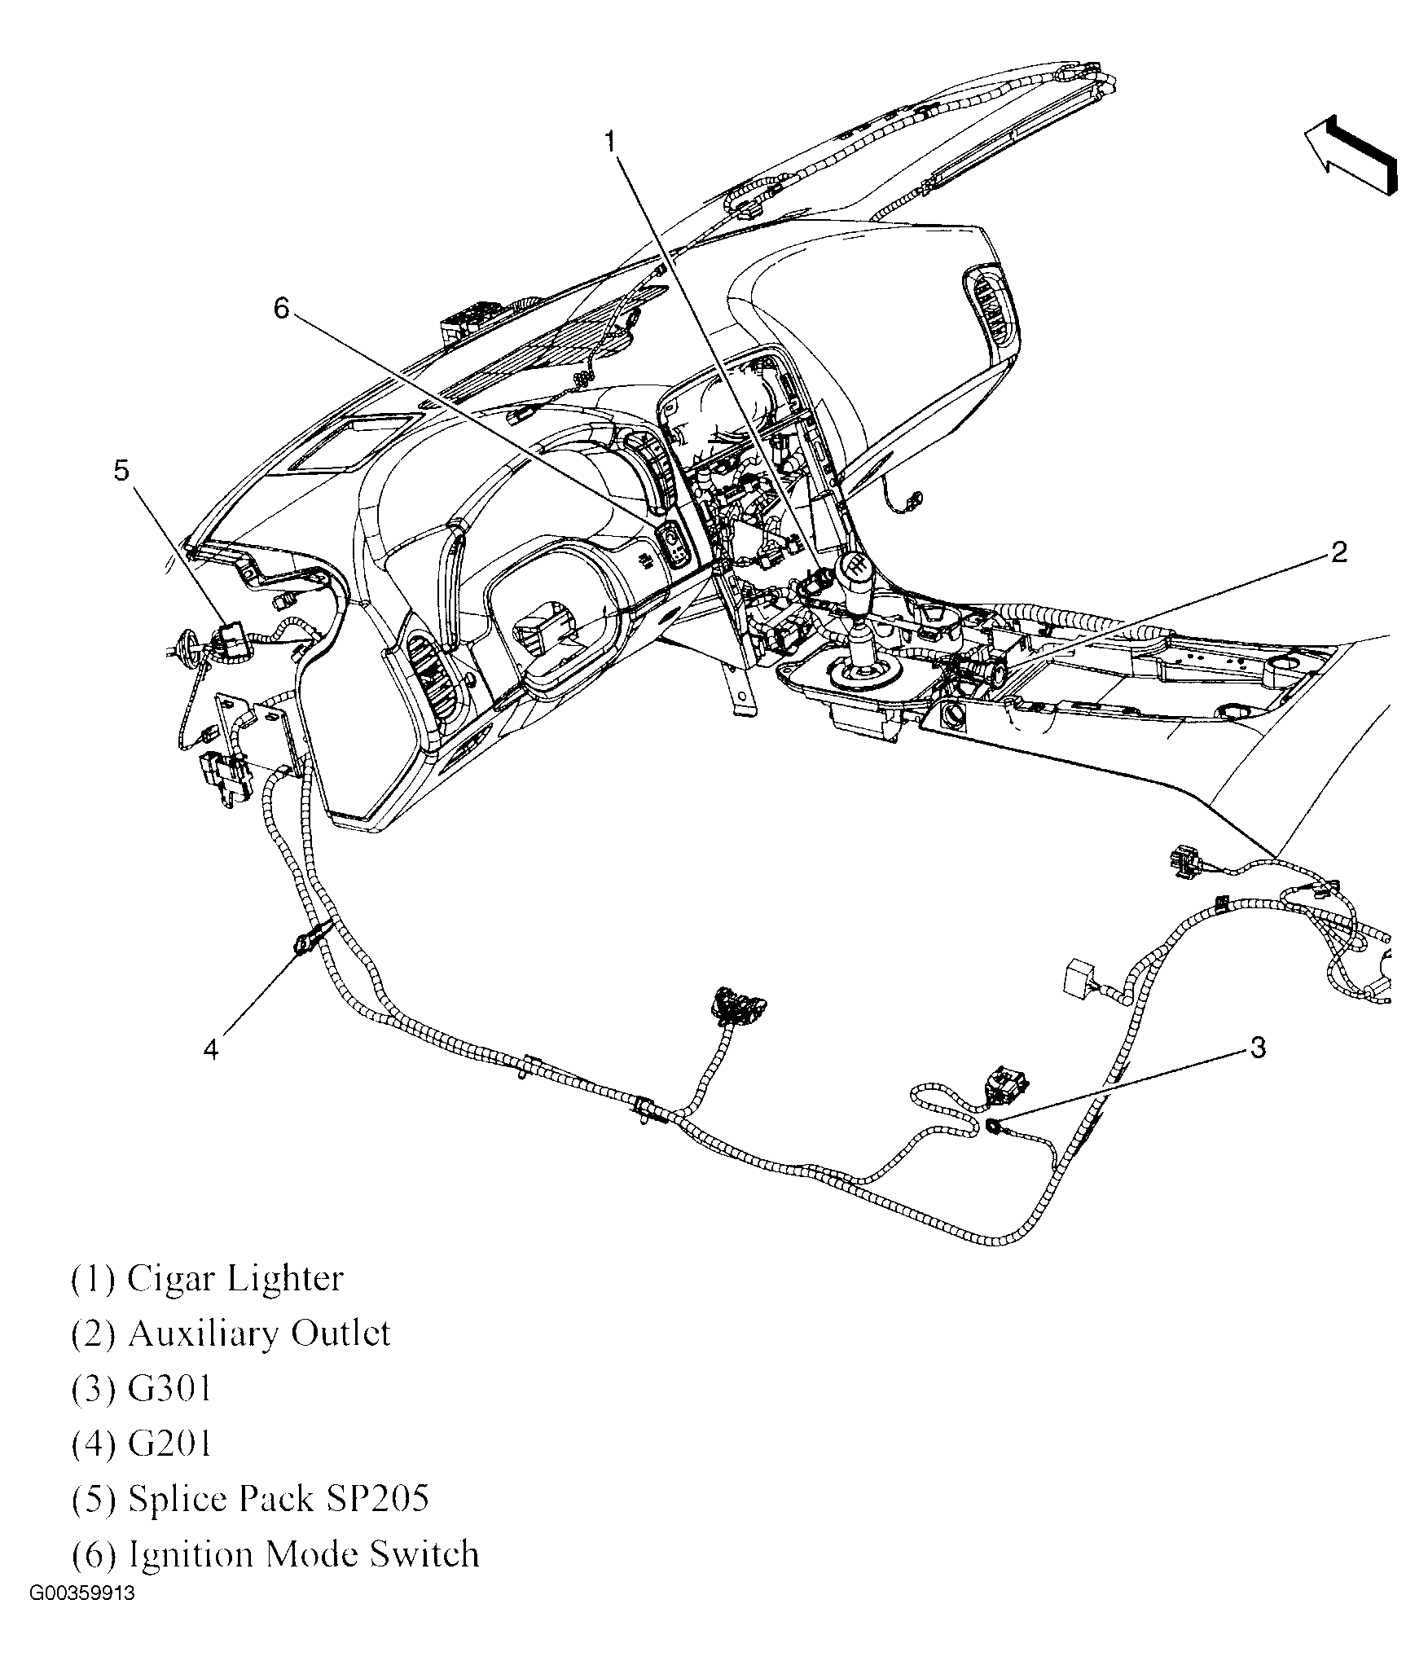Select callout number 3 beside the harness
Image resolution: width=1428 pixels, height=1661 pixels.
1258,1048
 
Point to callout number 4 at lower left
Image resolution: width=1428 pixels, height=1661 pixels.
211,1050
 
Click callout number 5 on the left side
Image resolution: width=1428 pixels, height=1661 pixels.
121,471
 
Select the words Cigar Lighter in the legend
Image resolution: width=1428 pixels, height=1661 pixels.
235,1279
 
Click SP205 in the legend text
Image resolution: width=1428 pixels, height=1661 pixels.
376,1499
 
